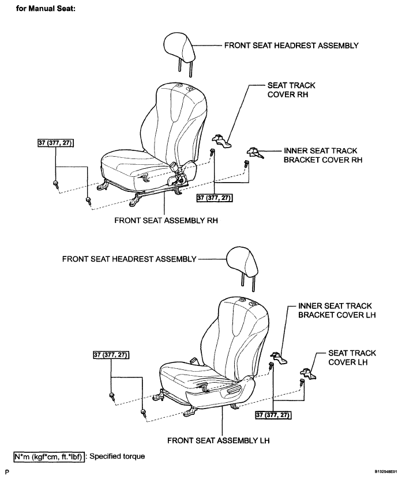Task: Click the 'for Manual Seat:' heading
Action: tap(46, 9)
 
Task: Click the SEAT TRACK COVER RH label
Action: tap(291, 90)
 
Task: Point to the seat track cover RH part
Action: tap(221, 139)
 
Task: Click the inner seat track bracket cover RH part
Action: tap(255, 153)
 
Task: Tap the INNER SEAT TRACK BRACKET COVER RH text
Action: tap(323, 155)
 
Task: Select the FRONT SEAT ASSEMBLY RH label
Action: tap(166, 220)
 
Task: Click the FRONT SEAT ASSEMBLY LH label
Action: tap(219, 440)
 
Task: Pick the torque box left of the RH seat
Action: tap(56, 143)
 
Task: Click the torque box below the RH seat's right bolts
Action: tap(215, 198)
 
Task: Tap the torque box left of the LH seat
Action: tap(111, 355)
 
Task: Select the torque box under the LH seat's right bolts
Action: tap(273, 415)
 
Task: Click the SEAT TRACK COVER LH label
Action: tap(352, 357)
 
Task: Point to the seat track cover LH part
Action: tap(308, 373)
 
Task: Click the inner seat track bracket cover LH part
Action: tap(279, 358)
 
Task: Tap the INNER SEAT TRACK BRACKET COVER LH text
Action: tap(337, 311)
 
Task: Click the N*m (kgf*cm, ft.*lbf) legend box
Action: tap(49, 457)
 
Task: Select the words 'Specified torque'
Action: tap(117, 456)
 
